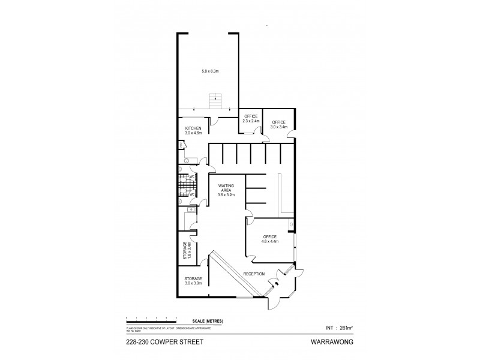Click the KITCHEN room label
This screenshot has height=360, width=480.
pos(193,131)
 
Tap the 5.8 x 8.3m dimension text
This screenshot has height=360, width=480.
pos(210,71)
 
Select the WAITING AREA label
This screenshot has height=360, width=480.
pos(226,190)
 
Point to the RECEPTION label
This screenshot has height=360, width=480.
pos(253,274)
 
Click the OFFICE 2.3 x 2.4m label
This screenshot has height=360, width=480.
pos(250,119)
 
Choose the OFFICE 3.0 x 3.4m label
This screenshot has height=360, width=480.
pos(279,125)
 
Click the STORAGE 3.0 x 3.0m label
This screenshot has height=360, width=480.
pos(193,281)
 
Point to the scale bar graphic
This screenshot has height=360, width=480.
pos(151,317)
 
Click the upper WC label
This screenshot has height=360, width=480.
pos(192,176)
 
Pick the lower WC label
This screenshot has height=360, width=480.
pos(192,194)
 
